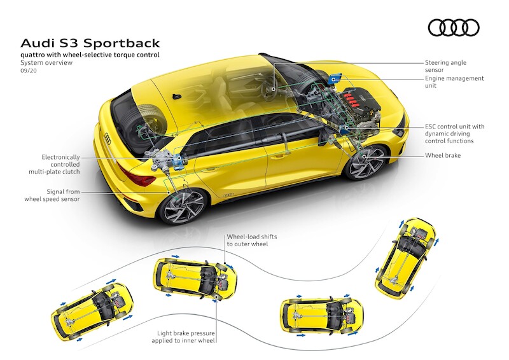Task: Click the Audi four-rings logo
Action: click(x=453, y=27)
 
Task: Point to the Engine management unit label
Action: click(x=454, y=82)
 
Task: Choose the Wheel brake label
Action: click(x=443, y=155)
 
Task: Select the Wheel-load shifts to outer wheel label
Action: click(x=251, y=240)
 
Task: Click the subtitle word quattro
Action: click(x=36, y=56)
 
